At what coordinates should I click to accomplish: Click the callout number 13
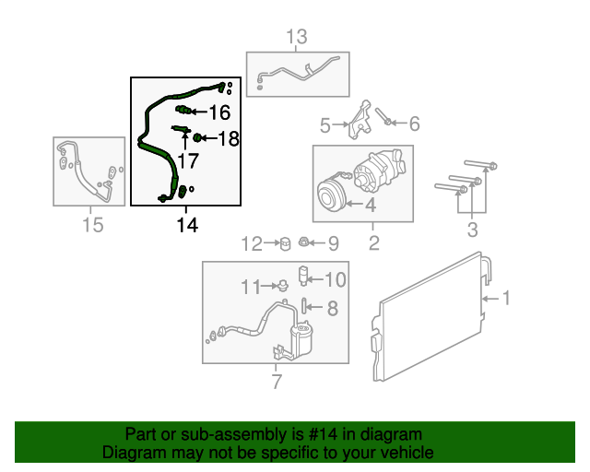(x=296, y=37)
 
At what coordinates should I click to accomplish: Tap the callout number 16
(x=218, y=112)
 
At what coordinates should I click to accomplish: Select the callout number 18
(x=228, y=138)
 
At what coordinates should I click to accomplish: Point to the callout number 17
(x=187, y=161)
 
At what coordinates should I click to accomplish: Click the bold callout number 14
(x=187, y=224)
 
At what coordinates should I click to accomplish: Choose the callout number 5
(x=324, y=124)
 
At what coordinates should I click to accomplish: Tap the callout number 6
(x=414, y=124)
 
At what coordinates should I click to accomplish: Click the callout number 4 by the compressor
(x=369, y=206)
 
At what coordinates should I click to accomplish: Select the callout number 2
(x=374, y=243)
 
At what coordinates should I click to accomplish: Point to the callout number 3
(x=471, y=229)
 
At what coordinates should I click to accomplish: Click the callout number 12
(x=253, y=243)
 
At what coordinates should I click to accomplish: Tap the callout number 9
(x=333, y=243)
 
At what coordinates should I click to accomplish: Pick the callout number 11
(x=252, y=287)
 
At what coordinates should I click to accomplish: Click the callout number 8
(x=333, y=309)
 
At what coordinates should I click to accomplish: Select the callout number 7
(x=276, y=382)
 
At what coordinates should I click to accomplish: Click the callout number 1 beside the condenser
(x=505, y=298)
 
